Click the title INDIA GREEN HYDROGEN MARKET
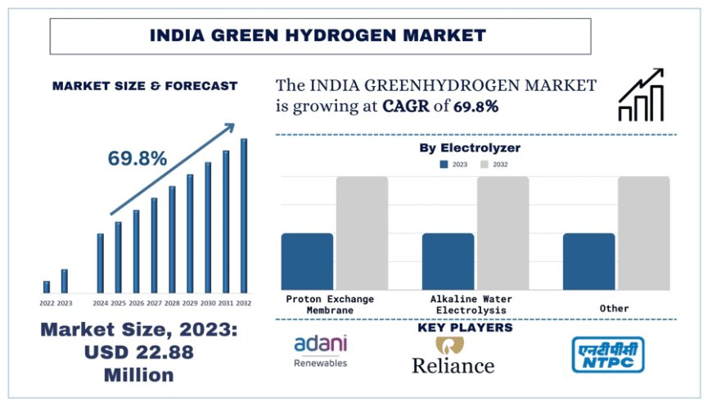click(x=318, y=35)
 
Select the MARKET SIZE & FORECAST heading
click(x=145, y=85)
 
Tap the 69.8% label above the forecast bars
click(x=137, y=158)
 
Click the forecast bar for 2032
click(x=243, y=215)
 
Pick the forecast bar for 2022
click(x=47, y=286)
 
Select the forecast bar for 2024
click(x=101, y=263)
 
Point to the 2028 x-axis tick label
click(x=172, y=303)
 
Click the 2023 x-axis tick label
click(x=65, y=303)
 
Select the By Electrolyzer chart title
click(x=470, y=148)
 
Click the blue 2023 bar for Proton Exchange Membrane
click(x=307, y=261)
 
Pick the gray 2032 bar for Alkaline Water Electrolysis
click(x=502, y=233)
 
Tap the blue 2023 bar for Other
click(x=588, y=261)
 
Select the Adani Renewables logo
click(x=320, y=351)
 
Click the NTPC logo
click(x=607, y=354)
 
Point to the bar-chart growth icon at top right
click(x=642, y=96)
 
